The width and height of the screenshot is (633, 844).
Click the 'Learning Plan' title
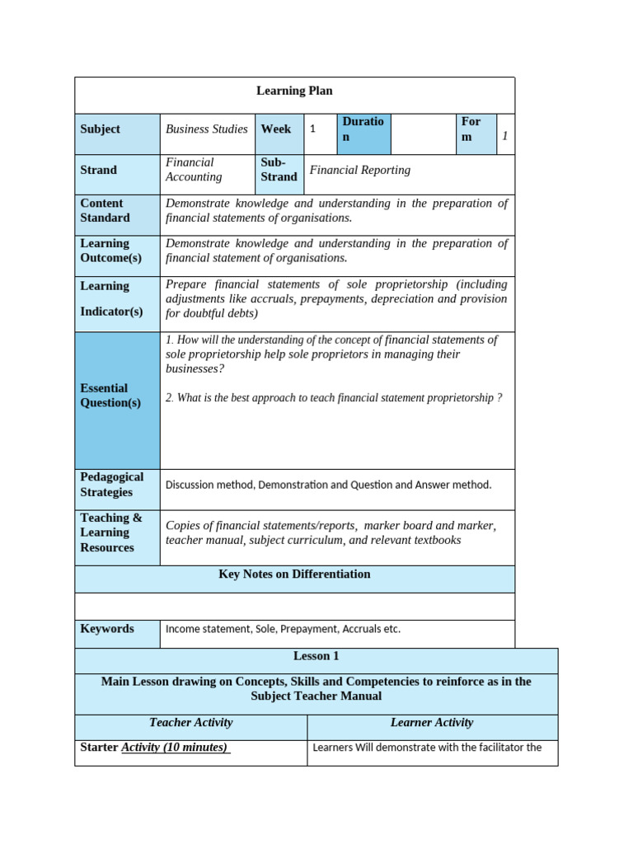294,91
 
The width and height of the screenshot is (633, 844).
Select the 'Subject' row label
100,129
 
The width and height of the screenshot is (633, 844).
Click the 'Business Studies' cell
206,129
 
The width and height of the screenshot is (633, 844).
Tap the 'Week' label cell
276,129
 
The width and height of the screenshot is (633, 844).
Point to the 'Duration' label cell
363,129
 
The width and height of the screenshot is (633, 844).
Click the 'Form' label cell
471,129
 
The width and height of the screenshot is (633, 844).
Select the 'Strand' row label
98,170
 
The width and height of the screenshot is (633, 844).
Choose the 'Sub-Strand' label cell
279,170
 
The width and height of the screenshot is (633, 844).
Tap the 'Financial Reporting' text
359,170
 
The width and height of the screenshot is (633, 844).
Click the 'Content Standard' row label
105,210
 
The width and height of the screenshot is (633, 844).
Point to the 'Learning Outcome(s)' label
110,251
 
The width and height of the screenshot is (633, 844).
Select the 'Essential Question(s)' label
110,396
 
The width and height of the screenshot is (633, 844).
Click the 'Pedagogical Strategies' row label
111,485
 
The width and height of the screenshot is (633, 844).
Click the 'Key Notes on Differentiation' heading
294,574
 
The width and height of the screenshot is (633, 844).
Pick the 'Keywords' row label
107,629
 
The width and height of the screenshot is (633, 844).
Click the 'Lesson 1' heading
316,657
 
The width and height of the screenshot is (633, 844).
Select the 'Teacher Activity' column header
190,723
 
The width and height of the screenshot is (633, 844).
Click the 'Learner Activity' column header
432,723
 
